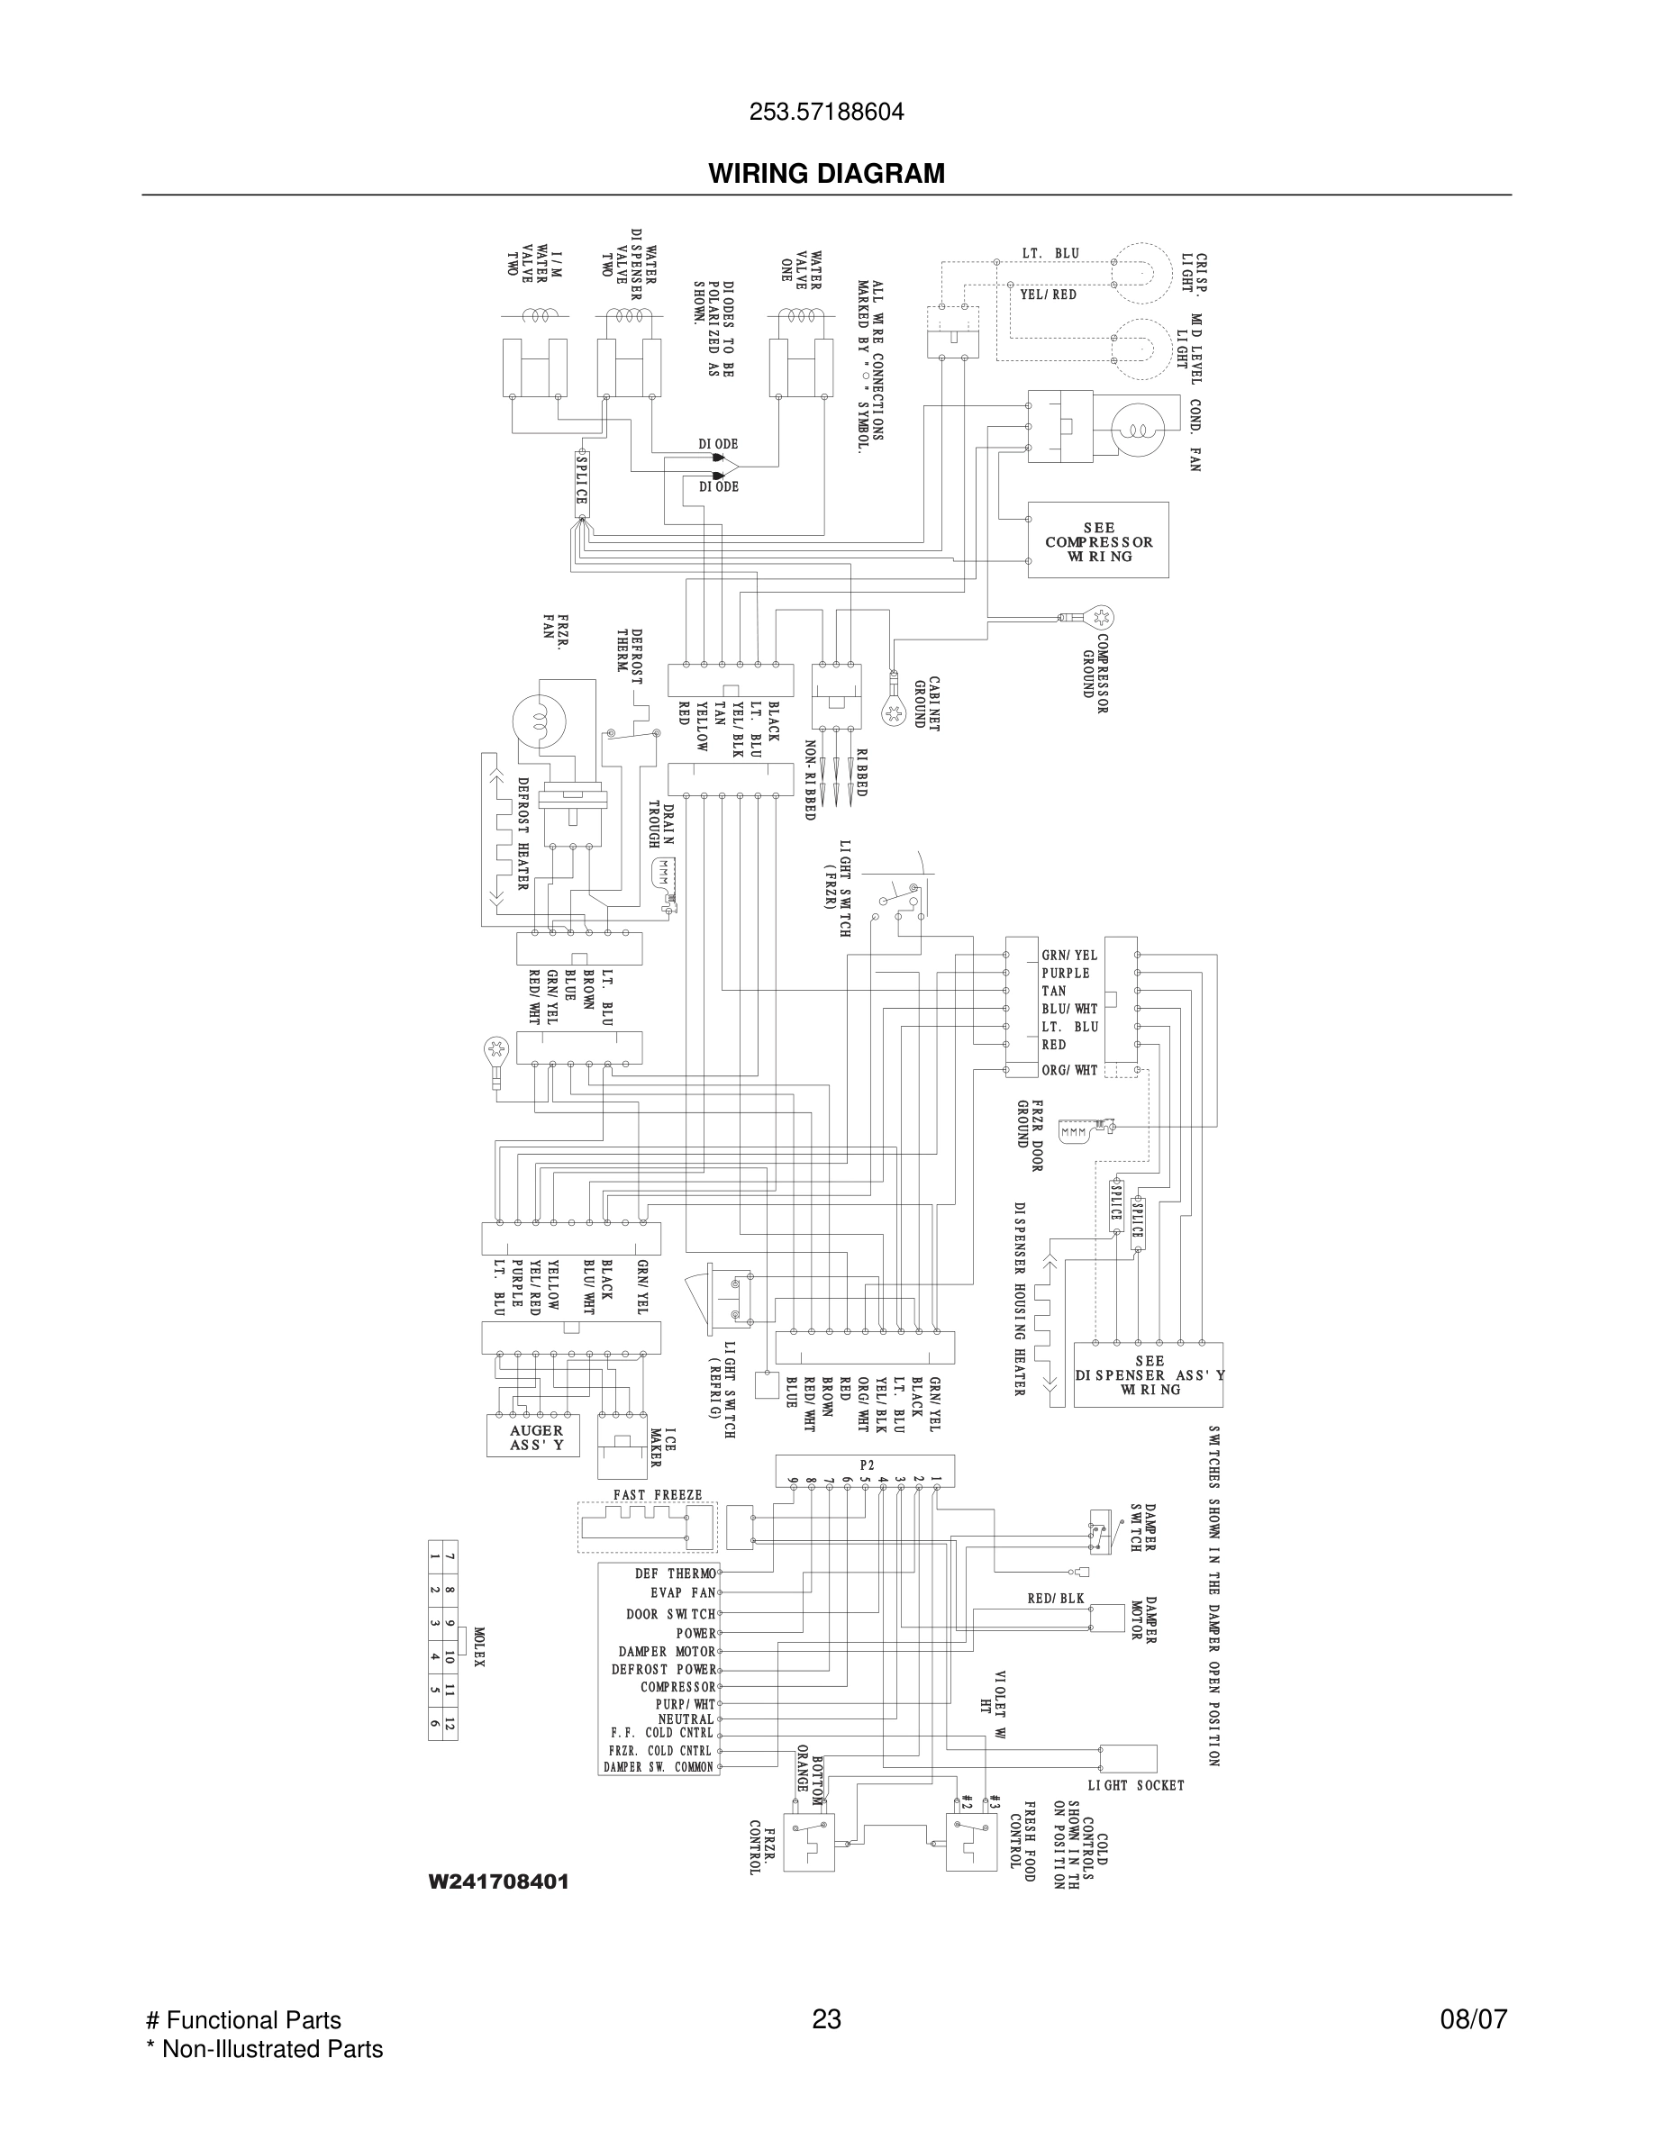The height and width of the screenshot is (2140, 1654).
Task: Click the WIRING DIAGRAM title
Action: coord(826,174)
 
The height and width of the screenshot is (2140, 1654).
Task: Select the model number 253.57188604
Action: coord(826,113)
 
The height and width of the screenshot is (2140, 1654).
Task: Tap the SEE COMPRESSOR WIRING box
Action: coord(1097,541)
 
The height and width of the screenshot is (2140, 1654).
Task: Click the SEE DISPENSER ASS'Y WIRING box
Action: coord(1149,1374)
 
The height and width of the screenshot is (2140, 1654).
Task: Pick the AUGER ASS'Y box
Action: coord(535,1437)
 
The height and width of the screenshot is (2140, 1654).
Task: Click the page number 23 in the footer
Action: coord(826,2019)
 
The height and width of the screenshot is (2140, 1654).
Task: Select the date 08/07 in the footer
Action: coord(1473,2019)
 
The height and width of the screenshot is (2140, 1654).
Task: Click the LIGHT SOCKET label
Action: coord(1136,1785)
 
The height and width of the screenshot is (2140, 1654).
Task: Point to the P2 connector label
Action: coord(867,1464)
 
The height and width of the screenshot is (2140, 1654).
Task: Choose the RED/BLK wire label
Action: coord(1055,1598)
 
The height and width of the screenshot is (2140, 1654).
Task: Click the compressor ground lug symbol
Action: coord(1100,617)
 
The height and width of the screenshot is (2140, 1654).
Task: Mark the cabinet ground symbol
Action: coord(894,712)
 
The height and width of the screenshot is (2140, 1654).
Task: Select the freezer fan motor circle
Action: coord(538,722)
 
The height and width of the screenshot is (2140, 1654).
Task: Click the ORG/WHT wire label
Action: coord(1069,1070)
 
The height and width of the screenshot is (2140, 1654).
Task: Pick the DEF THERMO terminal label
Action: coord(675,1573)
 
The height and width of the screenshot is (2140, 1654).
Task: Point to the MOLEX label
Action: coord(479,1647)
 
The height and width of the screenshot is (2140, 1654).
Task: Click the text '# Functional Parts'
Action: coord(243,2019)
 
